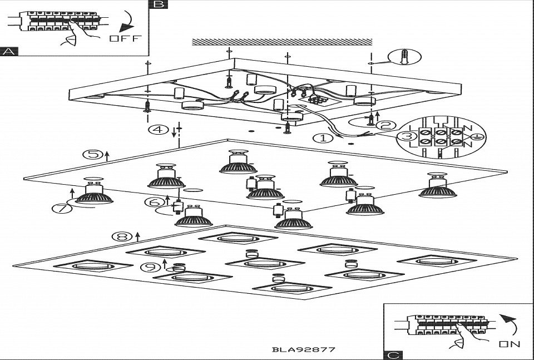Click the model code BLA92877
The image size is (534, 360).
tap(304, 350)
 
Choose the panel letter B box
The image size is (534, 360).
tap(159, 4)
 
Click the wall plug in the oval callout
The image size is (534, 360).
tap(406, 57)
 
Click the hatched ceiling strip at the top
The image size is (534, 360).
tap(281, 42)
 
